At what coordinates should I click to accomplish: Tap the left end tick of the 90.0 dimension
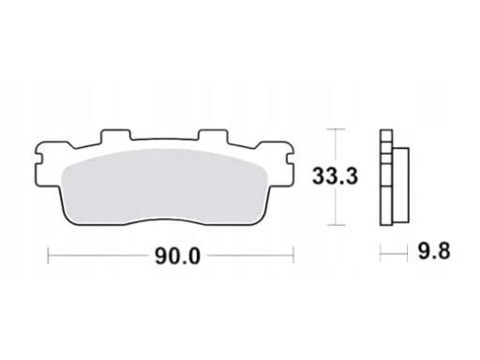tap(48, 252)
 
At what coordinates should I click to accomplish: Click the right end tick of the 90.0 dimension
tap(295, 252)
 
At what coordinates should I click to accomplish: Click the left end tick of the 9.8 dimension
tap(381, 252)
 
